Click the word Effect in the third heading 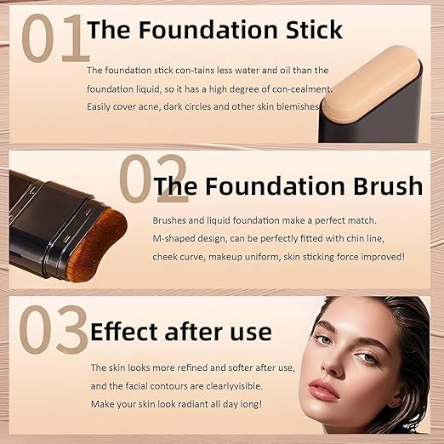(x=130, y=331)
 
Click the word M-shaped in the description (x=177, y=237)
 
